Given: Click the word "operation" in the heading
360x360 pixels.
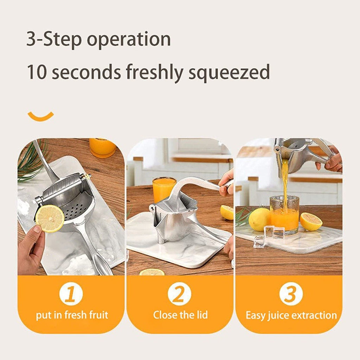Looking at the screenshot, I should [x=129, y=39].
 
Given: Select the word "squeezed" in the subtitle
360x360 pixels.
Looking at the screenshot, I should [x=229, y=72].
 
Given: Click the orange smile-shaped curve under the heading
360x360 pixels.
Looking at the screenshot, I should [x=41, y=116].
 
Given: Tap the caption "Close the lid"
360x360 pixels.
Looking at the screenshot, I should [x=180, y=315].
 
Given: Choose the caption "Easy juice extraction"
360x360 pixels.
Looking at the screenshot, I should [x=291, y=315].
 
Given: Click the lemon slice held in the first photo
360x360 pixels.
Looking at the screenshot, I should [x=50, y=218].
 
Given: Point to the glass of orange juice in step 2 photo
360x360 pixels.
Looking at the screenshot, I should [x=164, y=189].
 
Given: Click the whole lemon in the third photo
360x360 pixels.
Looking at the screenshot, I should [x=259, y=219].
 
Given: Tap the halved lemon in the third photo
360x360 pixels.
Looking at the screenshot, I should [x=311, y=221].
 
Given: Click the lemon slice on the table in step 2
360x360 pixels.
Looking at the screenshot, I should [x=152, y=272].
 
